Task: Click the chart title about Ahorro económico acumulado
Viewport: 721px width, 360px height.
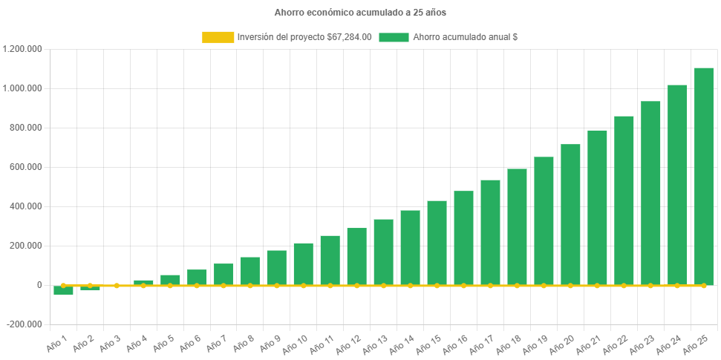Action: [360, 13]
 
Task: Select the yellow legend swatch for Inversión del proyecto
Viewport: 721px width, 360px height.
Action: [217, 37]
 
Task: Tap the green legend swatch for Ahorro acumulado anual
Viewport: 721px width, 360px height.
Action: [394, 37]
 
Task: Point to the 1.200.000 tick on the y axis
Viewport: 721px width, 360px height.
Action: [22, 49]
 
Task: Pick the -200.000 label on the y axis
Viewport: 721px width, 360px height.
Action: [25, 324]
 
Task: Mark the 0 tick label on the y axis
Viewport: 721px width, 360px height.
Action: [39, 285]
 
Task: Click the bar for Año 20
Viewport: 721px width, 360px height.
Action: [570, 215]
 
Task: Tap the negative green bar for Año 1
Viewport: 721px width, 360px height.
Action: [63, 290]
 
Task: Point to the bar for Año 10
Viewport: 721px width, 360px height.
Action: [303, 264]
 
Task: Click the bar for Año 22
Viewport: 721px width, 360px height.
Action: [624, 200]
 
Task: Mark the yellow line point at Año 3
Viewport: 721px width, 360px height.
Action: [117, 285]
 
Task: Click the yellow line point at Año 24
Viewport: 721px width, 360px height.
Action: [677, 285]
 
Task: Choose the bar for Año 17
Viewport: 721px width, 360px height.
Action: [490, 232]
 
